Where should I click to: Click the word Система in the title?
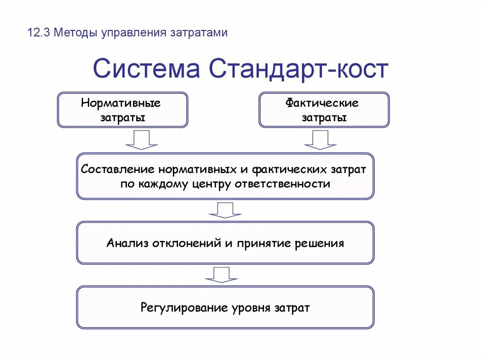146,69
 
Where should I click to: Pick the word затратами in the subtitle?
198,33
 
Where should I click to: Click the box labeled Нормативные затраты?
122,110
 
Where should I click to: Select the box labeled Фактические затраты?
324,110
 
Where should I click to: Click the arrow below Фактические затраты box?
320,140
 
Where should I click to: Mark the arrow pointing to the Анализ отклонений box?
225,210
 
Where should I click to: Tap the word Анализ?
124,244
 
